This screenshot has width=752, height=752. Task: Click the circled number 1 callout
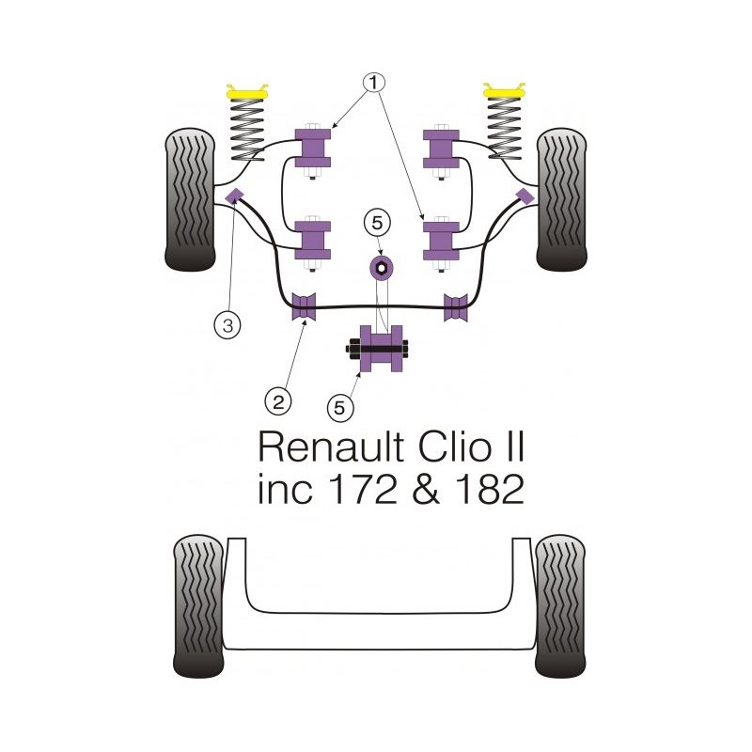[x=375, y=84]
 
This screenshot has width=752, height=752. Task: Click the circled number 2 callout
[x=277, y=401]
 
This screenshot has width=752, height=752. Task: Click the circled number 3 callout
[x=226, y=326]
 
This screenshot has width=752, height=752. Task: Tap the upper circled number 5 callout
[x=377, y=223]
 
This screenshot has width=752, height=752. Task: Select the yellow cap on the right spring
[x=505, y=93]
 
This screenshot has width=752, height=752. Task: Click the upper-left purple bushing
[x=313, y=146]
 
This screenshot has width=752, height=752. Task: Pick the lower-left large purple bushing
[x=313, y=241]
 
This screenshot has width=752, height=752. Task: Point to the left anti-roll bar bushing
[x=304, y=306]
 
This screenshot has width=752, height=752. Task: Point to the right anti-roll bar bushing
[x=457, y=306]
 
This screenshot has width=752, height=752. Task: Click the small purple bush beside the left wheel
[x=235, y=195]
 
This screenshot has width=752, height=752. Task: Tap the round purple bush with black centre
[x=382, y=268]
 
